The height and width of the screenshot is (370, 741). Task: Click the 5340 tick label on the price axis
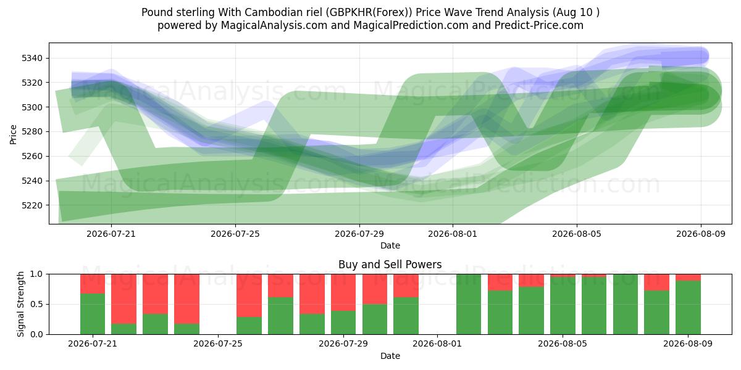coord(32,59)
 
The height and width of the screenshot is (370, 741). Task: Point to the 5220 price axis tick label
coord(32,205)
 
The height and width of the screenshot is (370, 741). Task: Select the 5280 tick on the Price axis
coord(32,132)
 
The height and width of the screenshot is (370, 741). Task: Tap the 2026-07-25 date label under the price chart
coord(235,234)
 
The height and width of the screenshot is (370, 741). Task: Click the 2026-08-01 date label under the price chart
coord(453,234)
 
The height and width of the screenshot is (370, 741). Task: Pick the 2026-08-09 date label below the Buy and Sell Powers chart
coord(688,343)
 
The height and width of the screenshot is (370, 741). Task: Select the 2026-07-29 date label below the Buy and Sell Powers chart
coord(343,343)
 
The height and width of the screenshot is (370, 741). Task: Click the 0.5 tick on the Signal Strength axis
coord(36,304)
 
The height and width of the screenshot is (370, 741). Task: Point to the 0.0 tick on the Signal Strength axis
coord(36,334)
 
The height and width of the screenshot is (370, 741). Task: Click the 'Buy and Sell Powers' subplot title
coord(390,265)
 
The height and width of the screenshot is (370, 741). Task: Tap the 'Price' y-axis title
coord(13,134)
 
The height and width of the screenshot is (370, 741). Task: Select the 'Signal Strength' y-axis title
coord(20,304)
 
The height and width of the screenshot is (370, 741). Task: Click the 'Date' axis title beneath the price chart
coord(390,245)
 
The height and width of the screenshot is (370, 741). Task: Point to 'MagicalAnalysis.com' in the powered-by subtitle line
coord(274,25)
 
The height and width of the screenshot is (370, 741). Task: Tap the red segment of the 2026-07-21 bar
coord(93,284)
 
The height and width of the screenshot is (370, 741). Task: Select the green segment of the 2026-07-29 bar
coord(343,323)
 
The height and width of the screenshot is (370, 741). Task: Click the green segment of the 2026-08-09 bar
coord(688,308)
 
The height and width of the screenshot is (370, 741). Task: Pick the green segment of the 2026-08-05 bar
coord(563,306)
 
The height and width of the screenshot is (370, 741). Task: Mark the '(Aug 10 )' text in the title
coord(576,12)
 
